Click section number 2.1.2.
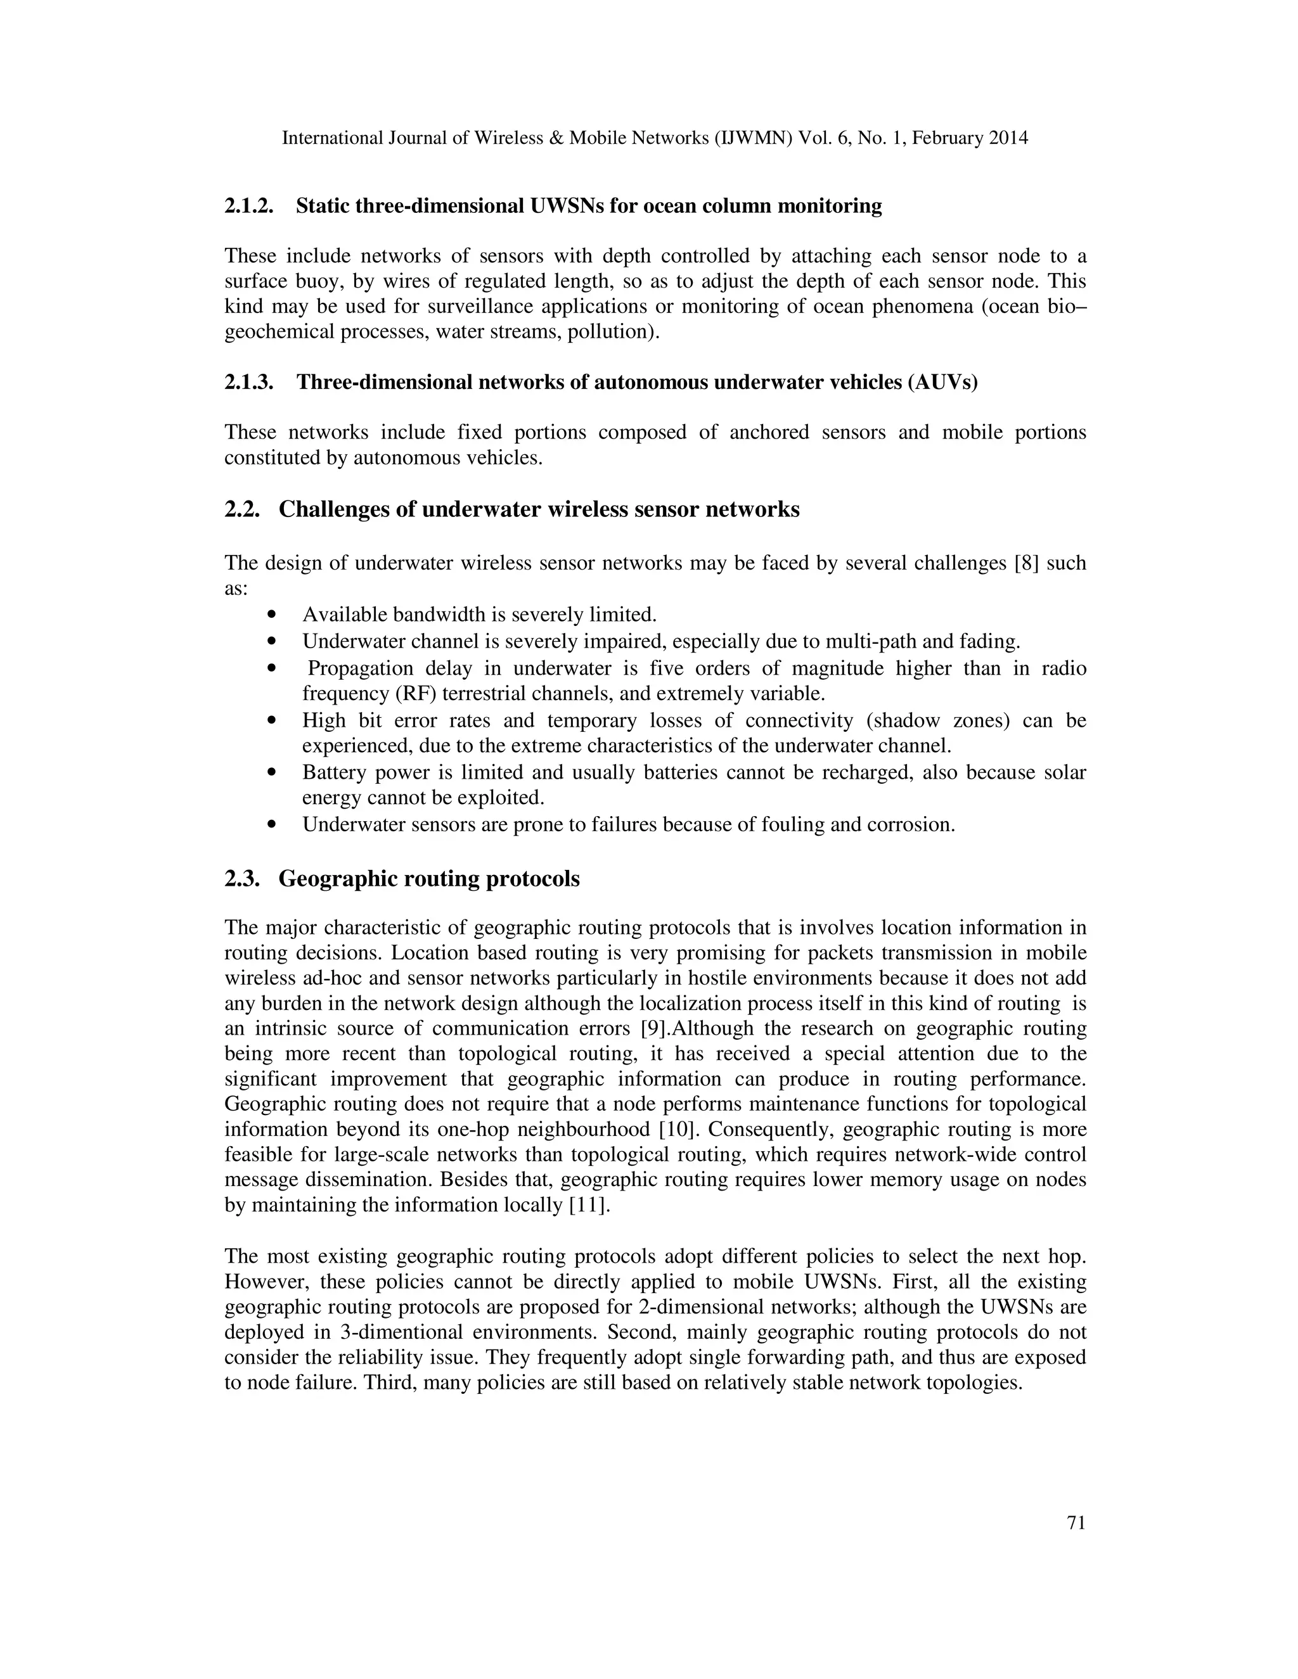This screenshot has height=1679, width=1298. click(x=248, y=206)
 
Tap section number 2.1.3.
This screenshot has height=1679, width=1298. click(x=248, y=382)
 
